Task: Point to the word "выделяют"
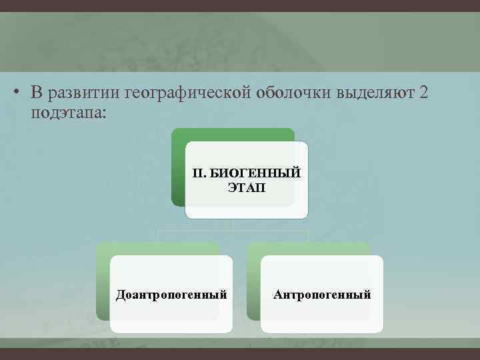coord(375,93)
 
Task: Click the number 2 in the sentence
coord(424,93)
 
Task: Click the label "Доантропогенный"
coord(171,294)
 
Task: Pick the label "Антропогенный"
coord(322,294)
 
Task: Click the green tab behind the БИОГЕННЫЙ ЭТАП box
coord(177,167)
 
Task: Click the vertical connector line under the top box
coord(232,225)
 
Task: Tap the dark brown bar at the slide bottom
coord(240,354)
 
